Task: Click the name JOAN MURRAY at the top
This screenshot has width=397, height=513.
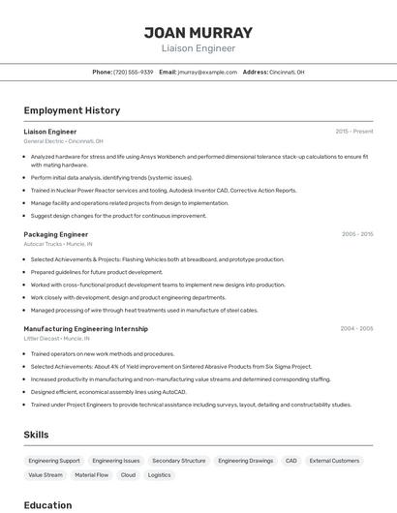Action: pos(198,32)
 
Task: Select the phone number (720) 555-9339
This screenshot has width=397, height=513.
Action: pos(133,72)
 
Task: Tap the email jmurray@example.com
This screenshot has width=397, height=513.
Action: pos(207,72)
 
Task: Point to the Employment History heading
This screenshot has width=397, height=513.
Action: pos(72,110)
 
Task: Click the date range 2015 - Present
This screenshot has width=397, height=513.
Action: pos(353,131)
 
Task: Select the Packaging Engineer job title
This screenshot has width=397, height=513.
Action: pos(55,234)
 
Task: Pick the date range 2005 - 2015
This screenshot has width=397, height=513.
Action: pos(356,234)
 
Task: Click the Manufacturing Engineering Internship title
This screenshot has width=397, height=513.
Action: pos(85,328)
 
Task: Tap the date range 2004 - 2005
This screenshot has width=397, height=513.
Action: pos(356,328)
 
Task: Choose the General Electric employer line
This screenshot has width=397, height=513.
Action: pos(63,141)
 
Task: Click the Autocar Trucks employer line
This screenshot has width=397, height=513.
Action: pos(58,244)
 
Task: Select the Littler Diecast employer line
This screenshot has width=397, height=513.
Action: pos(56,339)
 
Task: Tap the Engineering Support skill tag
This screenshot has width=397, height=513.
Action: pos(54,461)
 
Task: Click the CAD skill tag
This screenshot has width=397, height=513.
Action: pos(290,461)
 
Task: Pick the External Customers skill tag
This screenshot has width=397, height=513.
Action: pos(334,461)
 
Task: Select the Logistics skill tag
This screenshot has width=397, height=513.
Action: pos(159,475)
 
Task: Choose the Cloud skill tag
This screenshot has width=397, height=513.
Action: pos(128,475)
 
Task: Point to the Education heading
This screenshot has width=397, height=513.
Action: pos(47,505)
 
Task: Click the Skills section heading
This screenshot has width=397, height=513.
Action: pos(36,435)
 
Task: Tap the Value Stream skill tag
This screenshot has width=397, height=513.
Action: pos(46,475)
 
